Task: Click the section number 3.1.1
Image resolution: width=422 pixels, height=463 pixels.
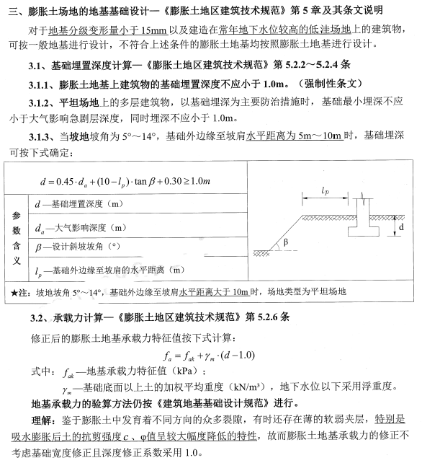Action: pyautogui.click(x=42, y=83)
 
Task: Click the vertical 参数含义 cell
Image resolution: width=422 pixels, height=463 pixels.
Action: pyautogui.click(x=17, y=238)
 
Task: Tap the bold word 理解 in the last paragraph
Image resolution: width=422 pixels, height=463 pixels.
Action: pyautogui.click(x=44, y=419)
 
